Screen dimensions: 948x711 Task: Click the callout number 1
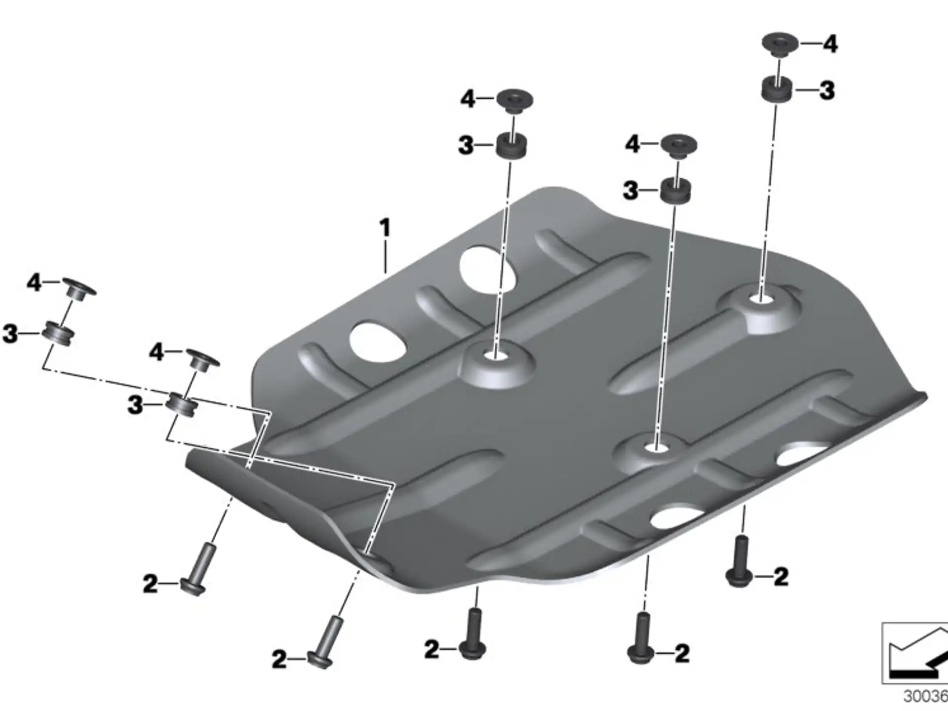click(x=385, y=229)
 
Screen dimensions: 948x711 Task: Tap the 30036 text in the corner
click(x=925, y=697)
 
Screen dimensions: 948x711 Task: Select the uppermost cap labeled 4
click(x=780, y=43)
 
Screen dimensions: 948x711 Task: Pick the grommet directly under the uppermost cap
click(x=776, y=89)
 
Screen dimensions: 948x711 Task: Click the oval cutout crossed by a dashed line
click(x=487, y=270)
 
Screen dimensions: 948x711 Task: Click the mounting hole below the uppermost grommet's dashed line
click(x=761, y=298)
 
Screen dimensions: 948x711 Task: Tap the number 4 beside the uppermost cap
click(x=830, y=44)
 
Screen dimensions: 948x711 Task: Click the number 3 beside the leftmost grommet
click(x=10, y=334)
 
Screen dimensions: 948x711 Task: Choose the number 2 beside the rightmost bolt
click(x=781, y=577)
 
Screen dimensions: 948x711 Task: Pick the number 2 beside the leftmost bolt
click(x=150, y=584)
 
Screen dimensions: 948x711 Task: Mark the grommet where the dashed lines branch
click(x=182, y=404)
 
